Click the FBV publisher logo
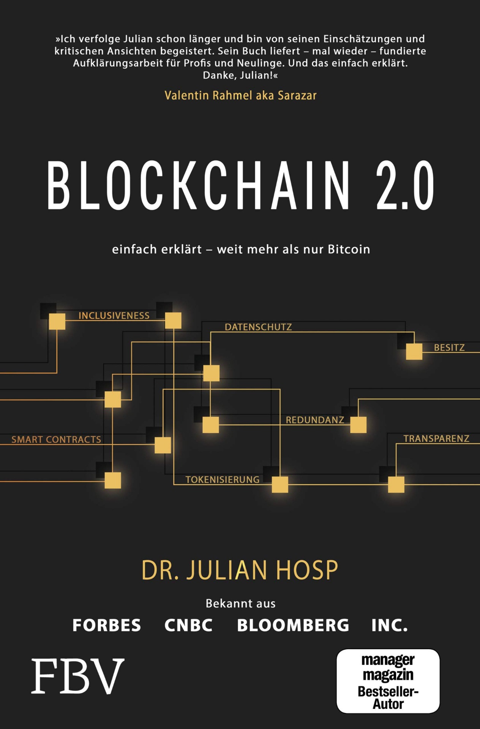78,676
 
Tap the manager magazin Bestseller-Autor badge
388,681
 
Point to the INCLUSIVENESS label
114,316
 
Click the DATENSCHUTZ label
258,327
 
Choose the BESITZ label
449,347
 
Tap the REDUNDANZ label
315,420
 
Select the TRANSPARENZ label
436,439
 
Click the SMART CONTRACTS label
56,439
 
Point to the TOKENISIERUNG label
223,480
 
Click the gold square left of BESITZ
414,352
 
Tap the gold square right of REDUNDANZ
358,424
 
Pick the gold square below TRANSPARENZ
396,484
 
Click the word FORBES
107,625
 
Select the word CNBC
188,625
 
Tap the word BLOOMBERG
293,625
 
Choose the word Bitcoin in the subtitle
349,249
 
